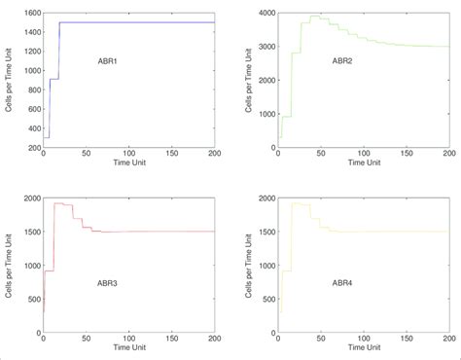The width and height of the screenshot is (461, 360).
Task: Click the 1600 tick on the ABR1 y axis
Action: click(x=30, y=13)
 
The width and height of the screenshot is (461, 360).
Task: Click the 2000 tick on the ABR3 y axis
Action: click(x=30, y=198)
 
